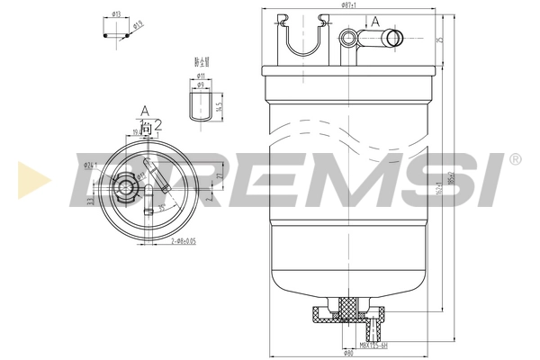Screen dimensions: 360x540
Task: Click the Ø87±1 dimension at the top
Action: (346, 5)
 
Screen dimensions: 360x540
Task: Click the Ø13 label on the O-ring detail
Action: (117, 15)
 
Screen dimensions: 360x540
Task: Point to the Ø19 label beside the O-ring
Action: (138, 25)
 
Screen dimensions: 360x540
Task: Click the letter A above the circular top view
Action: (143, 111)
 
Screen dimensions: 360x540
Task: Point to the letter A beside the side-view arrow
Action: (374, 21)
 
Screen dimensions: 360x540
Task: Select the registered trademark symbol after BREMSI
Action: (515, 159)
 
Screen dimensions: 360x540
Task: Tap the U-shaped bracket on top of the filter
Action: (301, 36)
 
